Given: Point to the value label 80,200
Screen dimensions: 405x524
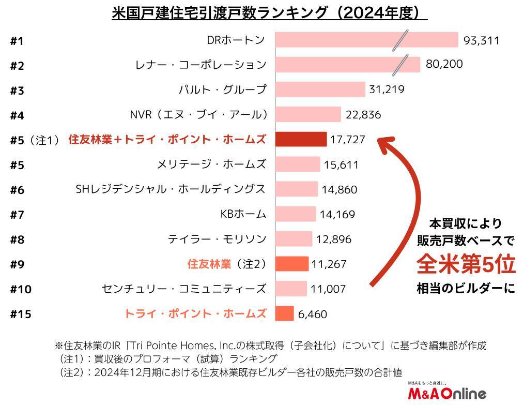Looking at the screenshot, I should point(444,64).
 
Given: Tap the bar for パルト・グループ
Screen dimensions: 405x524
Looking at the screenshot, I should point(320,89).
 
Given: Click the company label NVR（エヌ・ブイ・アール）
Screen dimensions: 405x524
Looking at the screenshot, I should point(198,114).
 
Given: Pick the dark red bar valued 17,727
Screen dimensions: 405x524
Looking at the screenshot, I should point(301,139).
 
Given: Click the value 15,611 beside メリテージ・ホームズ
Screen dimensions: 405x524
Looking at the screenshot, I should point(341,164).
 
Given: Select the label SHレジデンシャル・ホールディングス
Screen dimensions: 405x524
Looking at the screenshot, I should point(171,189).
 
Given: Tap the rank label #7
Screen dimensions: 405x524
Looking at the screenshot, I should point(17,215).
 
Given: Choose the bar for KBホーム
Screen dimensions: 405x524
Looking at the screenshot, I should point(295,214).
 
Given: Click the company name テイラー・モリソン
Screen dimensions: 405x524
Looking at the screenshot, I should point(217,239).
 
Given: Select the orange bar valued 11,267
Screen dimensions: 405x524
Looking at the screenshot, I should point(291,264).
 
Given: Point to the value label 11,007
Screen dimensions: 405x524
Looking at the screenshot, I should point(328,289).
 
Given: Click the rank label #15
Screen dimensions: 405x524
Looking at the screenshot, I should point(21,314).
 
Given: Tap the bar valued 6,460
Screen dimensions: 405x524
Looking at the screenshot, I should point(284,313).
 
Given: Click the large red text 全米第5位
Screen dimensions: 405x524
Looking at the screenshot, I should point(466,264).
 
